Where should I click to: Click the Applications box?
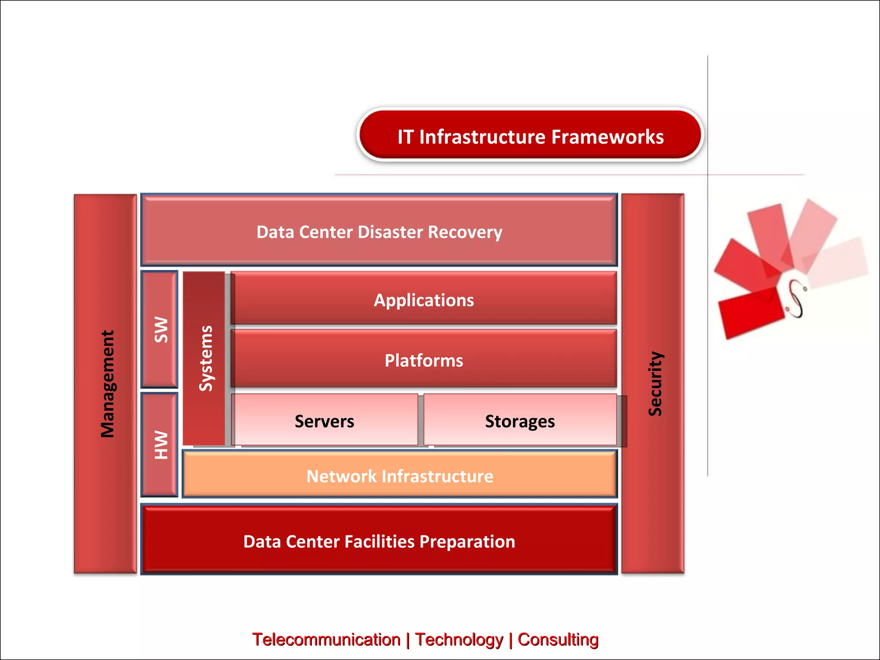point(424,299)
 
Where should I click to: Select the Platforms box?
point(424,360)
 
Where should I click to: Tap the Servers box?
point(324,421)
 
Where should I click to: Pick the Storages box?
point(520,421)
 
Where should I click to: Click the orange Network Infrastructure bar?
point(400,475)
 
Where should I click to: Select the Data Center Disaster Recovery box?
point(379,231)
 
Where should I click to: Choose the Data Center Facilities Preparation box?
point(379,541)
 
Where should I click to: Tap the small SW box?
point(160,330)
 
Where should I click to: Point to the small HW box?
point(160,445)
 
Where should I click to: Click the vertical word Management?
point(107,384)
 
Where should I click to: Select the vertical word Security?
point(655,384)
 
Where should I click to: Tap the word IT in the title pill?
point(405,137)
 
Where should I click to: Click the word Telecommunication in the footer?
point(326,639)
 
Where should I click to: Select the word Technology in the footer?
point(459,639)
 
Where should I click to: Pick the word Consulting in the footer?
point(558,639)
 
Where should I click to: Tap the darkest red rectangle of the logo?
point(750,314)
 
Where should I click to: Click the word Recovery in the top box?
point(465,232)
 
